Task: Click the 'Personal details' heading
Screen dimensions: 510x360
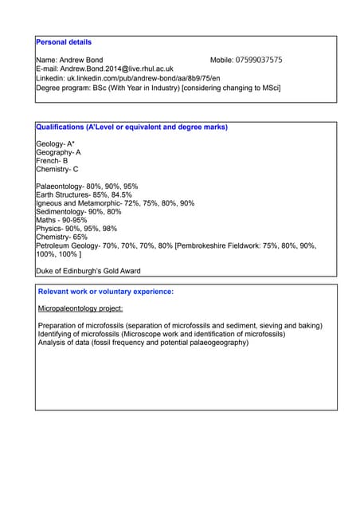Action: point(64,42)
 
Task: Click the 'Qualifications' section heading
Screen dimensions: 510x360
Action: point(131,127)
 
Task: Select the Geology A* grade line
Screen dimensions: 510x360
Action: point(55,144)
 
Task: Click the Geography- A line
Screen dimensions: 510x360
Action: point(58,152)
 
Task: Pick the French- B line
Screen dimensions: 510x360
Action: point(52,161)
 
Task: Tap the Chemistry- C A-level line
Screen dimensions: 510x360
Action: point(57,170)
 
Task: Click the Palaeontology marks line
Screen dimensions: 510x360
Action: point(87,186)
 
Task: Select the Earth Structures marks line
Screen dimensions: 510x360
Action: point(84,194)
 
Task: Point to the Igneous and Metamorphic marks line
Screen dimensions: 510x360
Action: point(115,203)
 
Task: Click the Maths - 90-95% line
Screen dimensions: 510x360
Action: point(61,220)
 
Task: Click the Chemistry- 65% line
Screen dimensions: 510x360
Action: point(61,237)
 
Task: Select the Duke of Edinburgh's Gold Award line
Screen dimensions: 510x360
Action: point(88,271)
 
